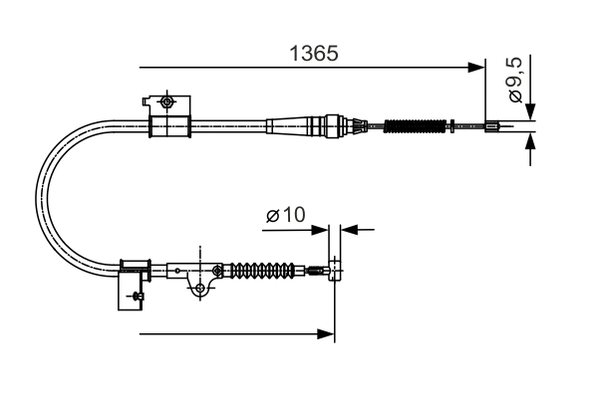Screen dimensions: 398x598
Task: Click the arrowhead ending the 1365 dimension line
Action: [477, 68]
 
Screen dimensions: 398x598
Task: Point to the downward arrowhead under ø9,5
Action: [531, 111]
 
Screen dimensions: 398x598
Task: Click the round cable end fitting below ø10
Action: [334, 268]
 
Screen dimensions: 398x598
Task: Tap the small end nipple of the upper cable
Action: [492, 126]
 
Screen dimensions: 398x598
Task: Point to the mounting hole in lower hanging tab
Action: [201, 288]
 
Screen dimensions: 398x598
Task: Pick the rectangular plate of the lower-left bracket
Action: [130, 288]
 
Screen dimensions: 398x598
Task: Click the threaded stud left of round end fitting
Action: [316, 269]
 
